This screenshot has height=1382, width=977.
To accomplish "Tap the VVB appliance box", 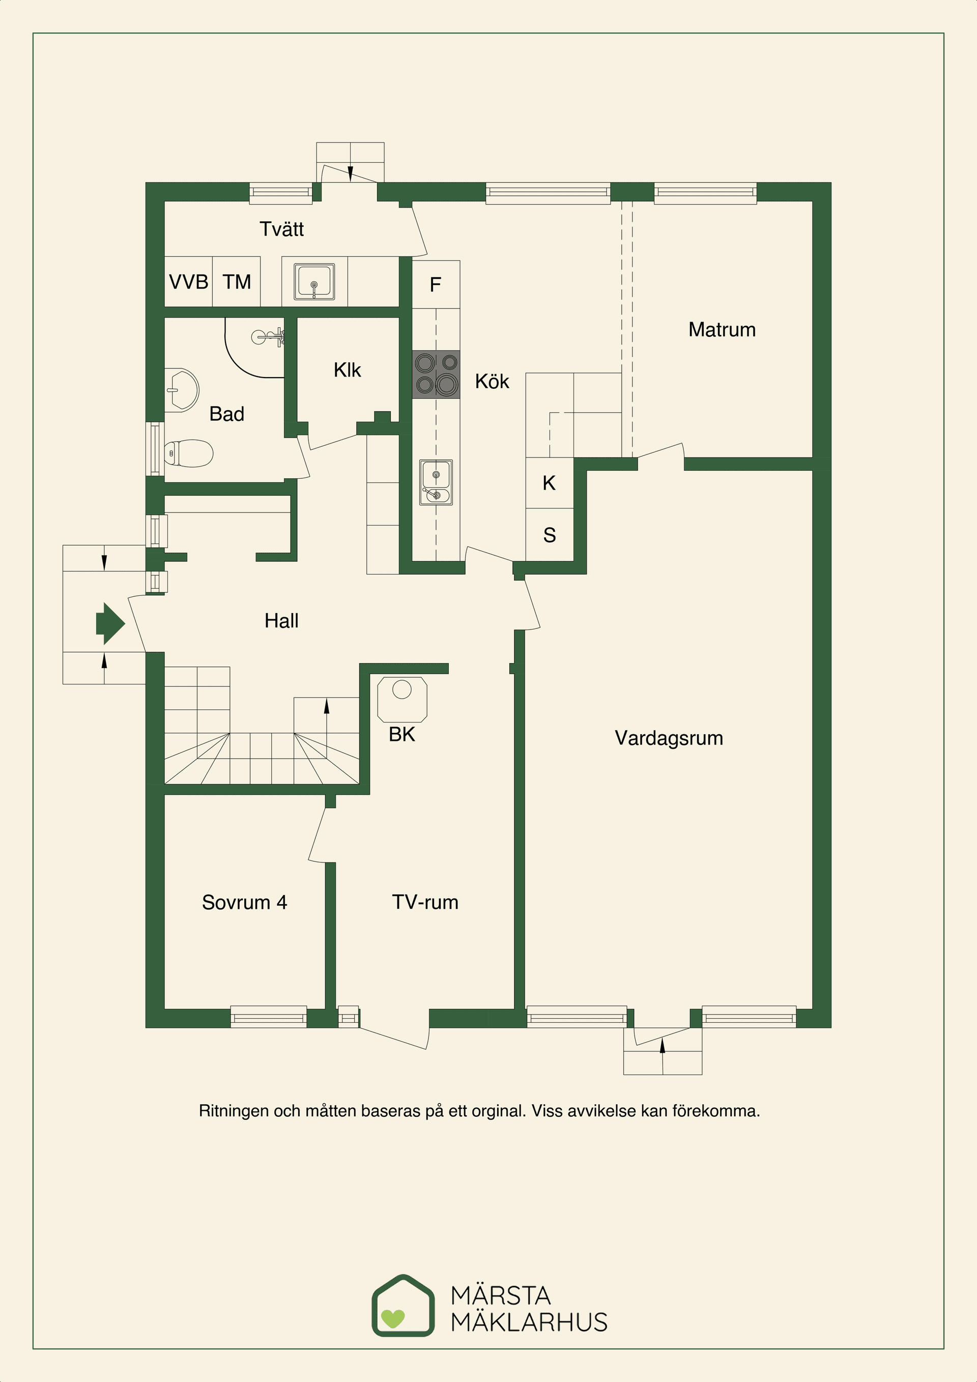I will (x=188, y=282).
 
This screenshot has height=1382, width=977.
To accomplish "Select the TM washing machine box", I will (x=237, y=282).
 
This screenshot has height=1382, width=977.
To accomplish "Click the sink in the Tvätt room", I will (x=314, y=282).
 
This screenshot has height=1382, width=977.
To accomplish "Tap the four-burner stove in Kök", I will (x=436, y=375).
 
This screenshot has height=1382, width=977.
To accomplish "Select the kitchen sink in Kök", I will (x=436, y=482).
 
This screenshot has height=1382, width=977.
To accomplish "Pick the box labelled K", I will (x=549, y=483).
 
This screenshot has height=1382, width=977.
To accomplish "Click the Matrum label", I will (x=722, y=330).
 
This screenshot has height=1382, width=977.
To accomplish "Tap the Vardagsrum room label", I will (x=668, y=738).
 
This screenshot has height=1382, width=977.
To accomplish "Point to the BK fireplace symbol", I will (x=402, y=700).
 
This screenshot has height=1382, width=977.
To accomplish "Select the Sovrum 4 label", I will (x=244, y=902).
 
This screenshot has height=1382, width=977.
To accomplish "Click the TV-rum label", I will (x=425, y=902).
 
